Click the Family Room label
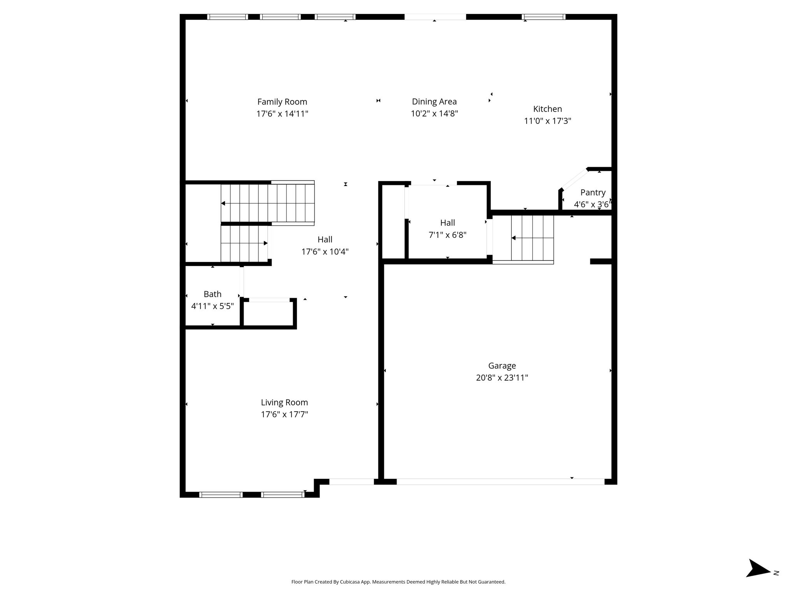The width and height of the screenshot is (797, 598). (x=282, y=102)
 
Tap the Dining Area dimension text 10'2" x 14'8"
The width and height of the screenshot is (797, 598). (x=434, y=114)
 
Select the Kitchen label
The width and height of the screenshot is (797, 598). (x=548, y=109)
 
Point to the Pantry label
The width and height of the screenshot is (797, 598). (x=593, y=192)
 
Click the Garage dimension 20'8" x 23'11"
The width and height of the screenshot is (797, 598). (x=502, y=378)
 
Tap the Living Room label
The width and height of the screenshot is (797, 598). (x=284, y=403)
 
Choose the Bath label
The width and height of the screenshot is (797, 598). (x=212, y=294)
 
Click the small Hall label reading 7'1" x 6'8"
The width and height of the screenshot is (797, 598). (x=448, y=235)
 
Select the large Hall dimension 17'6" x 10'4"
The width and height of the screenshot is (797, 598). (x=325, y=252)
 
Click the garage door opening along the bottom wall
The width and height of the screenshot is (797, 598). (x=500, y=482)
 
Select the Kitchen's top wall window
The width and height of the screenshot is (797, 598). (x=543, y=17)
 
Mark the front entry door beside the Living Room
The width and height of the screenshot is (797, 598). (x=352, y=482)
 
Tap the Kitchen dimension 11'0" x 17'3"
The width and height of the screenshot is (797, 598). (x=548, y=121)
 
